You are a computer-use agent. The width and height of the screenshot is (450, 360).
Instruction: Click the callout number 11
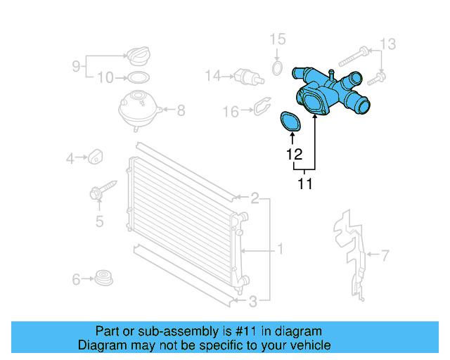[304, 185]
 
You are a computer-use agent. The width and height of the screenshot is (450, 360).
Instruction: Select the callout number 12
[294, 154]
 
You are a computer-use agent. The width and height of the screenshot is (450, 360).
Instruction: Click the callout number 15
[278, 39]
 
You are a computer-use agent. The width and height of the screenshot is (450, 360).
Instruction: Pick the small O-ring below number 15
[278, 68]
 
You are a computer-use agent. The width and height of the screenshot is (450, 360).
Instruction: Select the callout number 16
[231, 111]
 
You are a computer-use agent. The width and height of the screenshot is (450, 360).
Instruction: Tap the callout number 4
[70, 159]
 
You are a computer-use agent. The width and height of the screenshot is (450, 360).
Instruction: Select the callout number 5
[99, 222]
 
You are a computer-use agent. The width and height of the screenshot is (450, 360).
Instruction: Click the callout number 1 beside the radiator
[280, 249]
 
